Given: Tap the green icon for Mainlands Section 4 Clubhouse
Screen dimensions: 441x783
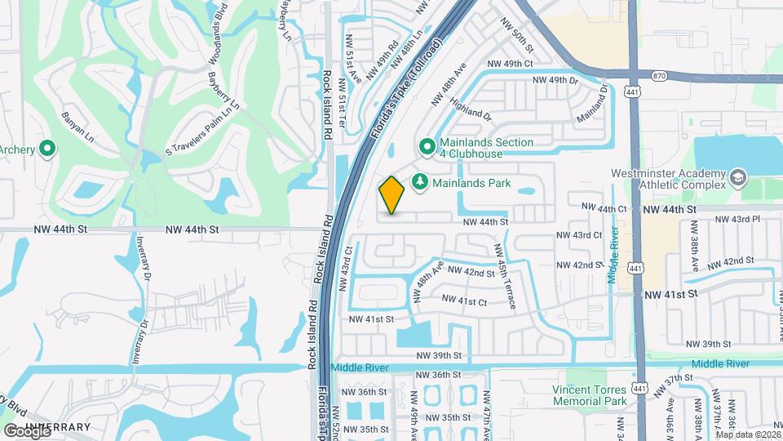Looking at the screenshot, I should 426,147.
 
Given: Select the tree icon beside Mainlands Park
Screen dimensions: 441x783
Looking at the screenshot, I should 421,182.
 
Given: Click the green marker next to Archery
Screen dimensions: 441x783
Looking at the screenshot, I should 47,149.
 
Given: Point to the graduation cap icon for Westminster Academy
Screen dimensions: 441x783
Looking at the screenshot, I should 737,178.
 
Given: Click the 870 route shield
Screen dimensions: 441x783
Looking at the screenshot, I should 659,75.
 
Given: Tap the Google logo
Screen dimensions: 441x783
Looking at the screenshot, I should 26,430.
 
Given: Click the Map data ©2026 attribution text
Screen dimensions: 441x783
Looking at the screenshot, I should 748,434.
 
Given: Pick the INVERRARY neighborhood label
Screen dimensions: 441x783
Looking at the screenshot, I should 57,427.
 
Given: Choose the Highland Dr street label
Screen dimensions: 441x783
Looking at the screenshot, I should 471,110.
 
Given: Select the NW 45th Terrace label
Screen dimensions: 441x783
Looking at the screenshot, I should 503,276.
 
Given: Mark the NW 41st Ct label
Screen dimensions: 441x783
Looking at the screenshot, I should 464,301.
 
